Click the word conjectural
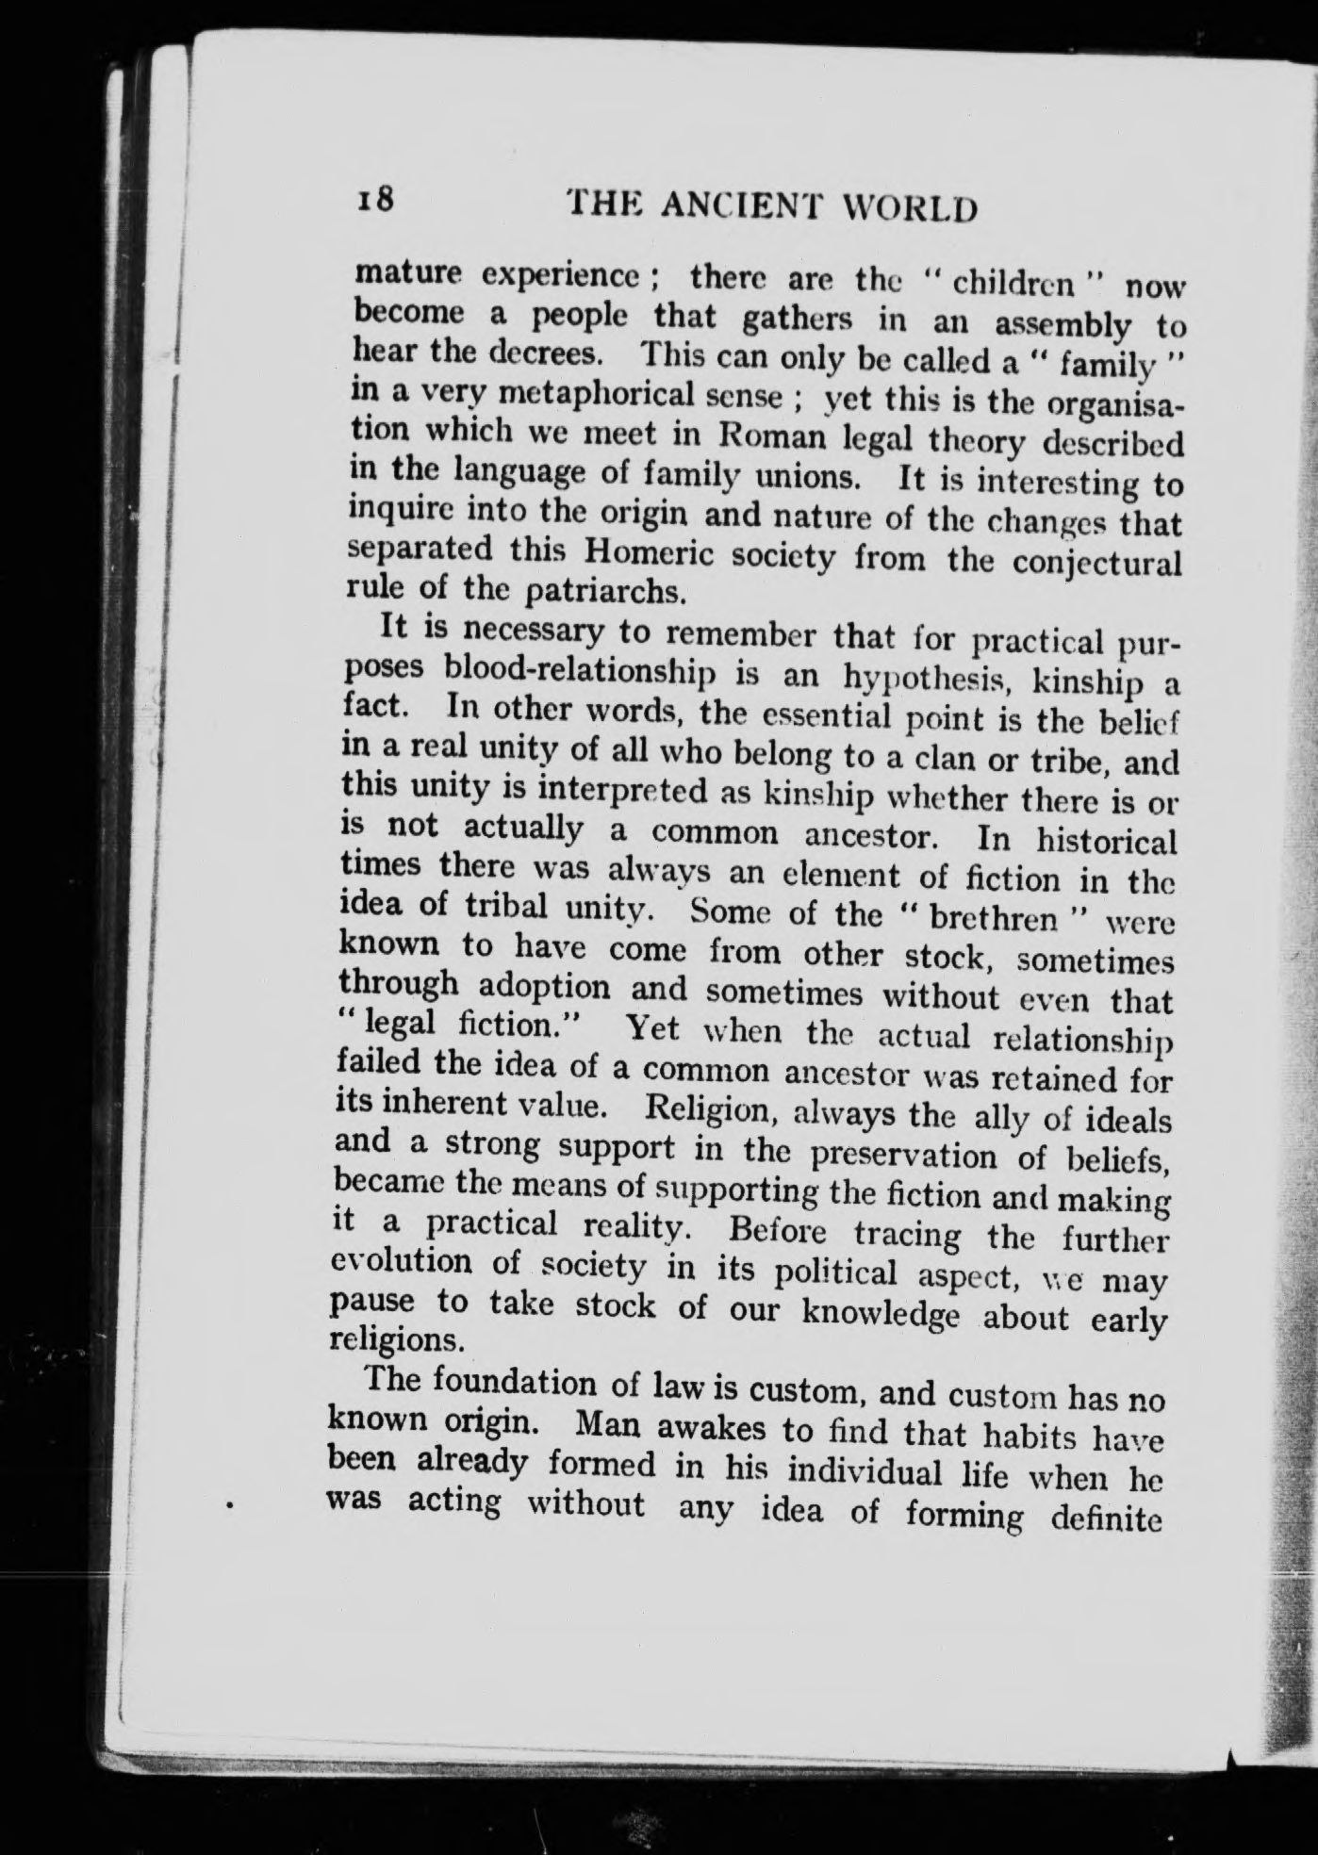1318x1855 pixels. click(x=1096, y=562)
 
